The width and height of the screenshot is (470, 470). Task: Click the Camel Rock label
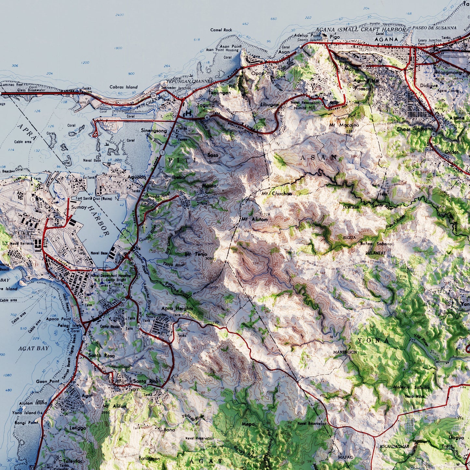221,30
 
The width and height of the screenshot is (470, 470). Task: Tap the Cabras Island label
123,87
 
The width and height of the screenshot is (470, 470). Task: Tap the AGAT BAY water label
33,348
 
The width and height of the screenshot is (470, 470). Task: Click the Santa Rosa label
101,356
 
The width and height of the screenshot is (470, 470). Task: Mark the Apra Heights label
177,308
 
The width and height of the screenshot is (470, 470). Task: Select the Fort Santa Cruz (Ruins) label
94,198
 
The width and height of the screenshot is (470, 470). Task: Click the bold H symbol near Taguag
188,114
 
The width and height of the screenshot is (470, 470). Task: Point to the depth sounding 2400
119,15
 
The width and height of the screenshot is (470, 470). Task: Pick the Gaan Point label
47,381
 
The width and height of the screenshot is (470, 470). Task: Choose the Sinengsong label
154,131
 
